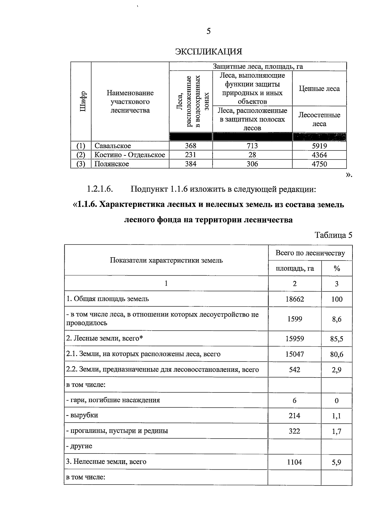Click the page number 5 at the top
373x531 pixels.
click(208, 31)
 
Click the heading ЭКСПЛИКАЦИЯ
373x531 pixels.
click(209, 51)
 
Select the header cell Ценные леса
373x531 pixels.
click(319, 89)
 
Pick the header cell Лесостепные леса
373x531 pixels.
click(319, 119)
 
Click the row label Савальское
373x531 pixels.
click(113, 146)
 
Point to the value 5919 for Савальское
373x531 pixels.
click(319, 146)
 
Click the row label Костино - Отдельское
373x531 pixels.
click(130, 155)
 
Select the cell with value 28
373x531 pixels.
click(252, 155)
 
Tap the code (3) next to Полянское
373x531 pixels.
click(81, 164)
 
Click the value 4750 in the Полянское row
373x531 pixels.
click(319, 164)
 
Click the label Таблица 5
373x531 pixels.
click(334, 235)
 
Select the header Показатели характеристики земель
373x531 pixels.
click(166, 260)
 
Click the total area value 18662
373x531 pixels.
click(294, 299)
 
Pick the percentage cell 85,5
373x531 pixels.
click(337, 339)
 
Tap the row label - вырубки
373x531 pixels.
click(82, 415)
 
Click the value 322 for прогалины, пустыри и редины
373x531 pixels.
click(294, 431)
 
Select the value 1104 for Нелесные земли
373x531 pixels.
click(294, 462)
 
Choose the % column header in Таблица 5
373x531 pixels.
click(337, 268)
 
